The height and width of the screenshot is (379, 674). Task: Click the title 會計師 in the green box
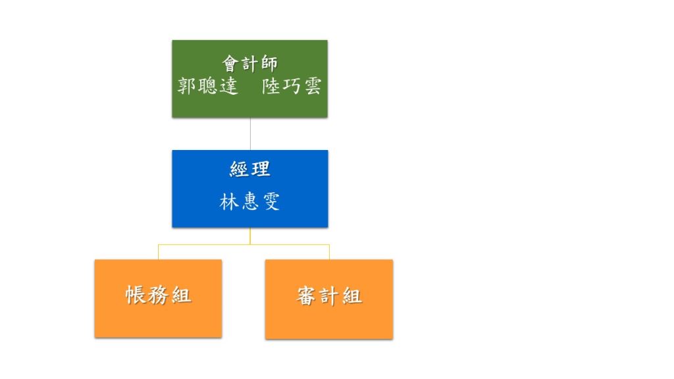(x=249, y=64)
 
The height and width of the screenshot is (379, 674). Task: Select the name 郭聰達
(x=207, y=86)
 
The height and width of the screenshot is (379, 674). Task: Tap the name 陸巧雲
(x=292, y=86)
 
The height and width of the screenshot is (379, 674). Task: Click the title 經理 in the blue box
(x=249, y=169)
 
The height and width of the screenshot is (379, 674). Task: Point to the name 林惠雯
(x=249, y=201)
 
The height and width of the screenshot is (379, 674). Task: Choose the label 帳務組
(x=158, y=295)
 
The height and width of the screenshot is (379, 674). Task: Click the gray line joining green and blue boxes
(x=250, y=134)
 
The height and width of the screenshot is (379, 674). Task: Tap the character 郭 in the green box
(x=187, y=86)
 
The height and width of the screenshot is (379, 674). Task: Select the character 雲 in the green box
(x=313, y=86)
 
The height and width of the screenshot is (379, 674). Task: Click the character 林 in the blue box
(x=228, y=201)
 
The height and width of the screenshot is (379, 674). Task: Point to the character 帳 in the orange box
(x=136, y=295)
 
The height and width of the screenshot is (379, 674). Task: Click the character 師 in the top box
(x=269, y=64)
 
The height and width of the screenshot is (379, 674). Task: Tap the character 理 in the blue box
(x=261, y=169)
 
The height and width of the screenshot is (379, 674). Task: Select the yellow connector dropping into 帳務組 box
(x=158, y=252)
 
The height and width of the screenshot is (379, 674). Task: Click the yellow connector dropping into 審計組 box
(x=329, y=252)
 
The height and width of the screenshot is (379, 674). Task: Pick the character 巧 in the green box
(x=292, y=86)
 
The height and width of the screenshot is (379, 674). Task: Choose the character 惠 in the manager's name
(x=249, y=201)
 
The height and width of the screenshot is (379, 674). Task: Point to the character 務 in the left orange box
(x=158, y=295)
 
